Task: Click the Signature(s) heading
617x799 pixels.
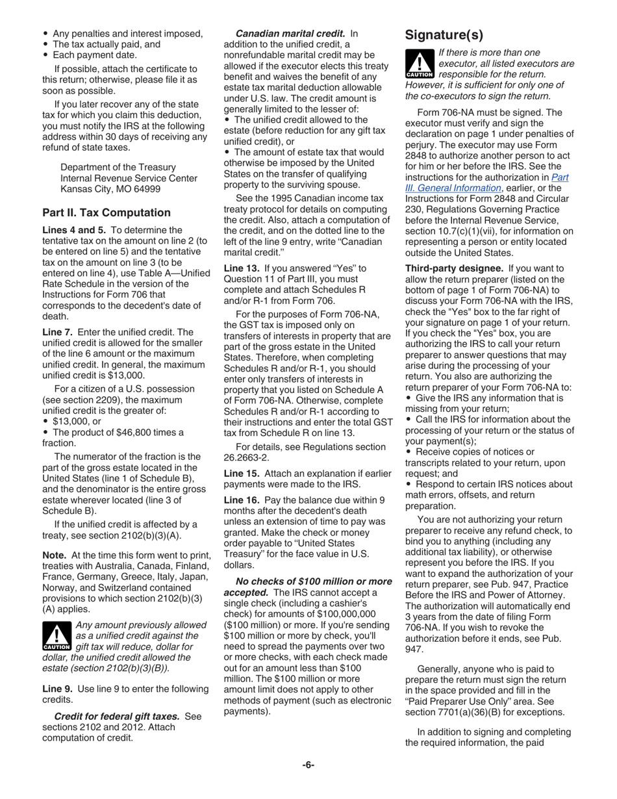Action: pos(444,34)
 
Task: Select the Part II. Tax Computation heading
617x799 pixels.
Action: pos(107,212)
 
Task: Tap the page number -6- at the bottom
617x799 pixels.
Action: pos(308,765)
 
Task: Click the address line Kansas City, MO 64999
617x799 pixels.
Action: pos(110,188)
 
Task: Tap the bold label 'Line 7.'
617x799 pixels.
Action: pos(57,332)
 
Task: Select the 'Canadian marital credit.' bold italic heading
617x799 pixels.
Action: pos(290,33)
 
